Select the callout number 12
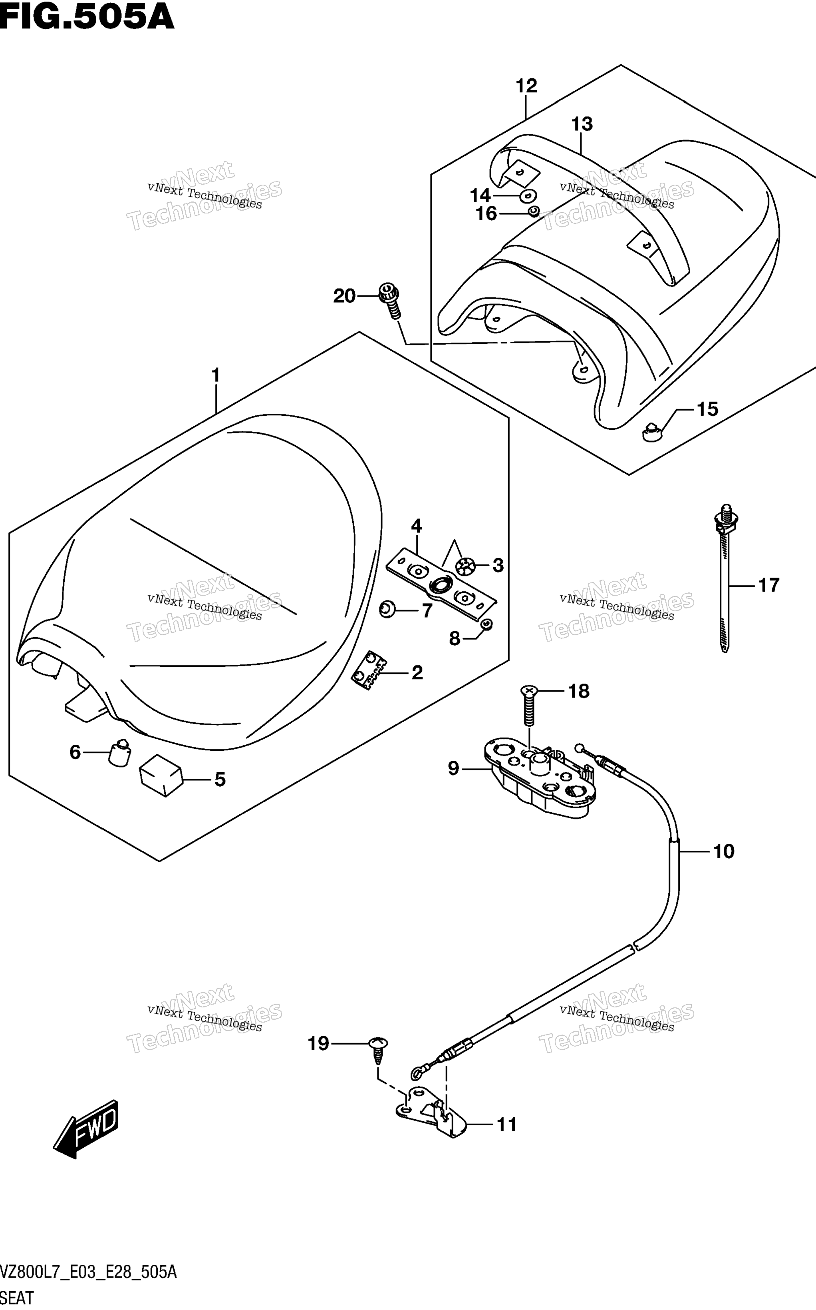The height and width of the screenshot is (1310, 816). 526,86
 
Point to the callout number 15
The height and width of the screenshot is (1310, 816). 707,409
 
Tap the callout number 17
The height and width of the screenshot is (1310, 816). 768,585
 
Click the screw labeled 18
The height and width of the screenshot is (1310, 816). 529,706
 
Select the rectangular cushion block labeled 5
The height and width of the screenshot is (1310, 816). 161,775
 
